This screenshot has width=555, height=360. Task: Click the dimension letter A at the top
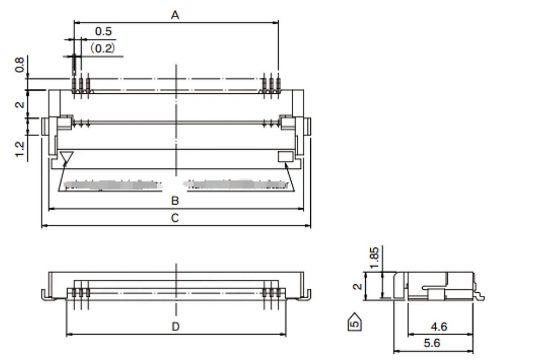[x=175, y=15]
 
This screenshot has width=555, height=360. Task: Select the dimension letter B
[x=175, y=201]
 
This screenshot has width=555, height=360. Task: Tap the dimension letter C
[x=175, y=218]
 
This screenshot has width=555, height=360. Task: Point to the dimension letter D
[x=176, y=327]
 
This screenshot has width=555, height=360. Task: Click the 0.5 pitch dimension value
[x=103, y=31]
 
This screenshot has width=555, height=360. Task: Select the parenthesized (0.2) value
[x=102, y=48]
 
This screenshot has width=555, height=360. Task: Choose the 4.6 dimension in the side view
[x=439, y=327]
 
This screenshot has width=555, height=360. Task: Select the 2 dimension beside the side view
[x=358, y=286]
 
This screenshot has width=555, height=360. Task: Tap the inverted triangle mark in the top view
[x=66, y=157]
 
